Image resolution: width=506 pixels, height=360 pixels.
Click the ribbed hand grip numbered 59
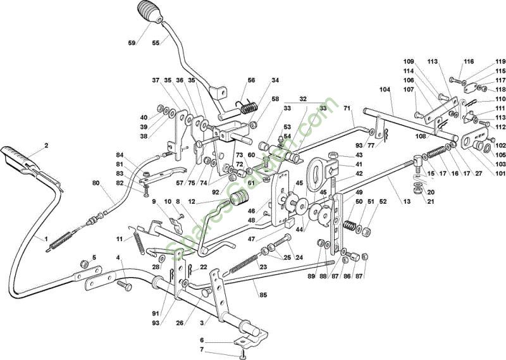click(150, 12)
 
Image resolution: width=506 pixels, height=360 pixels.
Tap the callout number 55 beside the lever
click(156, 43)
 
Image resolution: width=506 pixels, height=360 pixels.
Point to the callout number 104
click(385, 89)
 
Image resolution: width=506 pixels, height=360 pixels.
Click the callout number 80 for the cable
click(96, 183)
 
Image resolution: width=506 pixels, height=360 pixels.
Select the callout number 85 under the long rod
click(263, 295)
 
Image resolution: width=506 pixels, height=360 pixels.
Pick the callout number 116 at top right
click(469, 61)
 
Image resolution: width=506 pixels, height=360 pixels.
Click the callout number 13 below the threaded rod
click(407, 201)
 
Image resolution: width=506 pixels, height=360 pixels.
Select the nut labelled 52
click(366, 232)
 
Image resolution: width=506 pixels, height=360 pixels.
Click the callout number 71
click(347, 108)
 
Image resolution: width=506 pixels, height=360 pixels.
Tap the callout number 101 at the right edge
click(500, 173)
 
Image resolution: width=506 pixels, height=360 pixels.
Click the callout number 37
click(156, 80)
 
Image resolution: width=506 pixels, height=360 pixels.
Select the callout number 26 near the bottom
click(180, 323)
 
